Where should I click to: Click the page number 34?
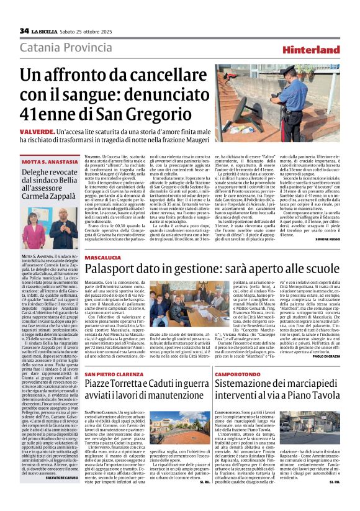click(24, 31)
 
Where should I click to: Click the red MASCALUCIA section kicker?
click(104, 256)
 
